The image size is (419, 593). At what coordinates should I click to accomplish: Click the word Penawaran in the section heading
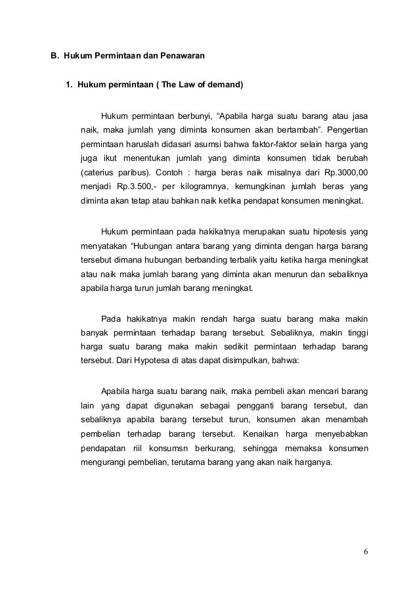pyautogui.click(x=181, y=57)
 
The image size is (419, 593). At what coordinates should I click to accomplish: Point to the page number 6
pyautogui.click(x=366, y=550)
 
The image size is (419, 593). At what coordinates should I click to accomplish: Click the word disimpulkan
pyautogui.click(x=253, y=360)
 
